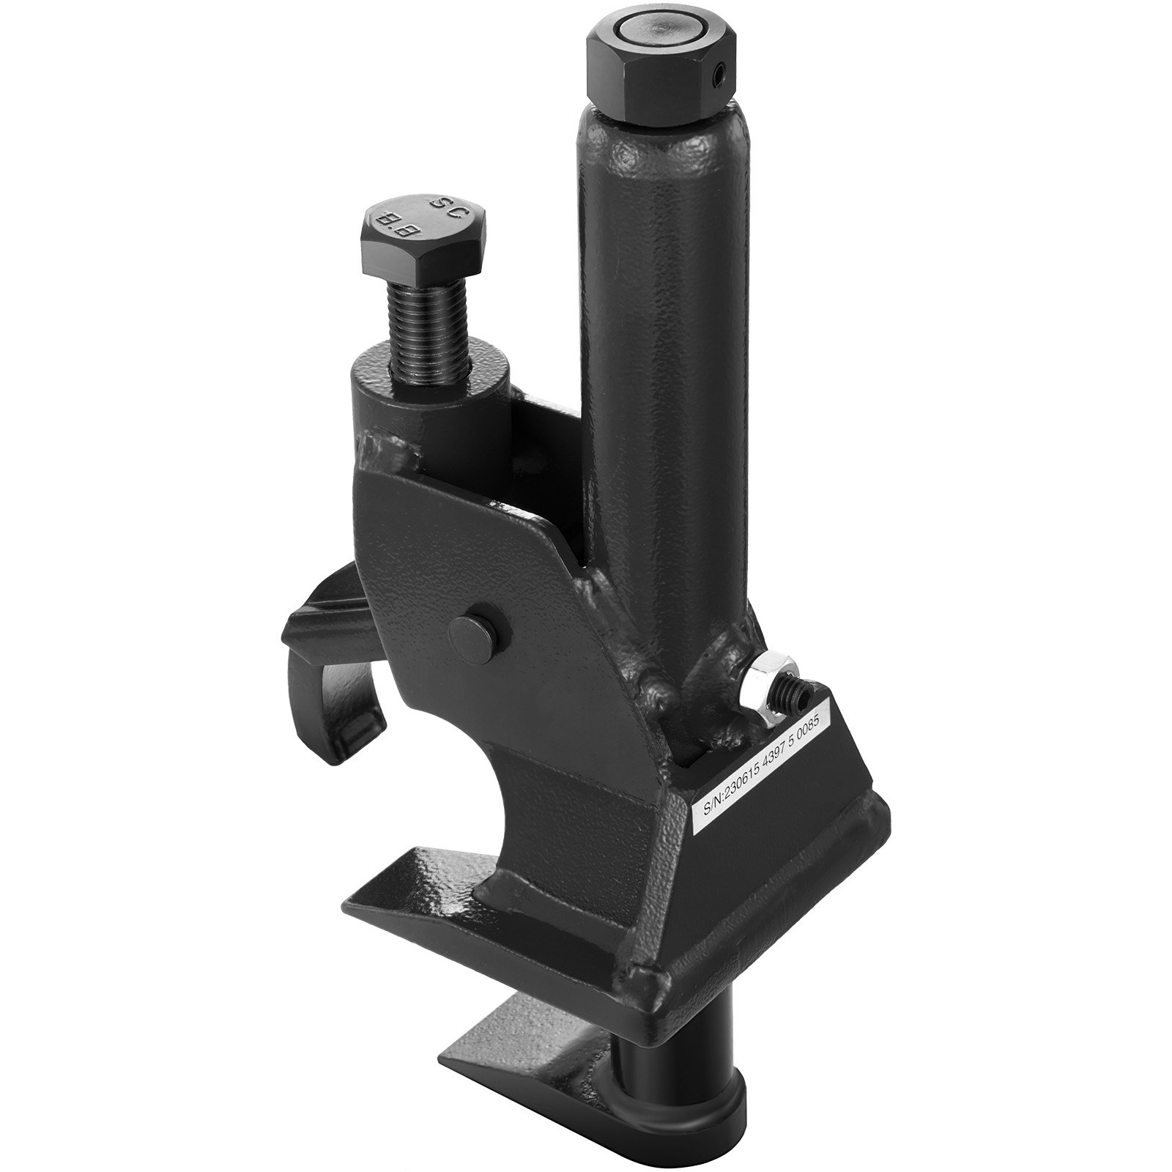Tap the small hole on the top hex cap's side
tap(721, 74)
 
